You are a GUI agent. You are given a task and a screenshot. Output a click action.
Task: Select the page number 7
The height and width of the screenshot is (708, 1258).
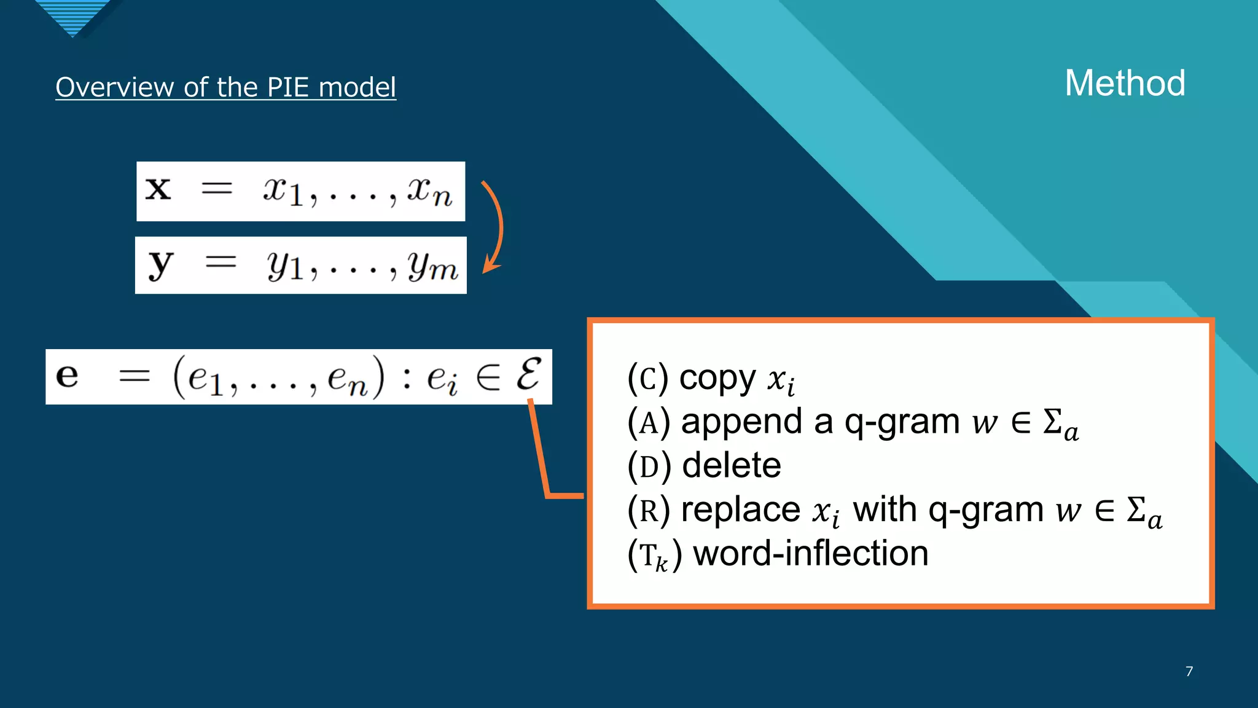tap(1189, 671)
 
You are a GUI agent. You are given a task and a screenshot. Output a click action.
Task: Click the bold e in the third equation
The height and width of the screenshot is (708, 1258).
tap(67, 375)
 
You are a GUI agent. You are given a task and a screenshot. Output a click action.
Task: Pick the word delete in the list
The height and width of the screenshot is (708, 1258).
tap(732, 465)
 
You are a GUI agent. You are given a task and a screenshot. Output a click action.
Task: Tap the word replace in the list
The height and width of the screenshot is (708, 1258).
tap(740, 509)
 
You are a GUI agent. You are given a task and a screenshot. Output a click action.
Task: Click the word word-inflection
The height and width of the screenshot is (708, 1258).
tap(810, 553)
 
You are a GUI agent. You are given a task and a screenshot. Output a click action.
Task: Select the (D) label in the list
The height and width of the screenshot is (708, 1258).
tap(649, 466)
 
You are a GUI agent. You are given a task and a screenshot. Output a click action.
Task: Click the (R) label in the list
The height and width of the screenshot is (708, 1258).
tap(649, 510)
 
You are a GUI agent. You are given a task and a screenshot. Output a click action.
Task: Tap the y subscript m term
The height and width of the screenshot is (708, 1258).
tap(432, 266)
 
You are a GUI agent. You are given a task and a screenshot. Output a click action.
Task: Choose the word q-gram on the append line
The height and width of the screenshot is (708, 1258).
tap(902, 422)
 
